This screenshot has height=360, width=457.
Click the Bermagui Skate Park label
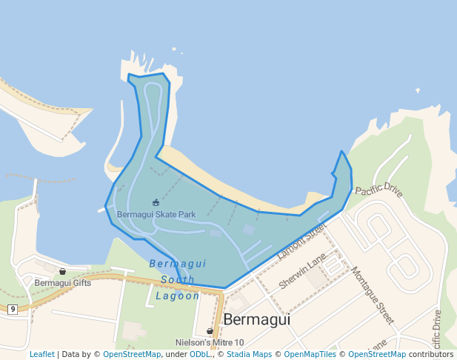tap(156, 215)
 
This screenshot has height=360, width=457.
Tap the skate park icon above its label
tap(156, 202)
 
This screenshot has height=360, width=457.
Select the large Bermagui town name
tap(256, 319)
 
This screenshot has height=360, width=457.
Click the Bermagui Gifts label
tap(63, 283)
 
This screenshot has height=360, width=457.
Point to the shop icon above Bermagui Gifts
tap(62, 272)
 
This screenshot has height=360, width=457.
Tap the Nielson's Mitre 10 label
tap(210, 342)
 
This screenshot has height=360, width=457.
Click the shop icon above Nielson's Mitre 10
tap(210, 331)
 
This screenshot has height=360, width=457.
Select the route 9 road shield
tap(13, 309)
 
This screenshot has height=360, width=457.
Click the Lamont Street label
tap(301, 241)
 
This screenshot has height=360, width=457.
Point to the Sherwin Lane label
tap(302, 271)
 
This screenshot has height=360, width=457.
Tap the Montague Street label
tap(373, 296)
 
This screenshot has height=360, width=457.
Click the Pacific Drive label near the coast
tap(379, 191)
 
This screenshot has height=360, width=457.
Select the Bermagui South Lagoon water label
tap(178, 279)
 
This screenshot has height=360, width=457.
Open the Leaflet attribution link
tap(42, 354)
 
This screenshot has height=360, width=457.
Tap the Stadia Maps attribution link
tap(249, 354)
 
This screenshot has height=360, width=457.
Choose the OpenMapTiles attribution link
tap(310, 354)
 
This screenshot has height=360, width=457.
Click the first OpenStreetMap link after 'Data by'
tap(132, 354)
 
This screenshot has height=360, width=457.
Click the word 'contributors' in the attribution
tap(430, 354)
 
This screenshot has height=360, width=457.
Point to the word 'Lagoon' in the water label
tap(178, 296)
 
